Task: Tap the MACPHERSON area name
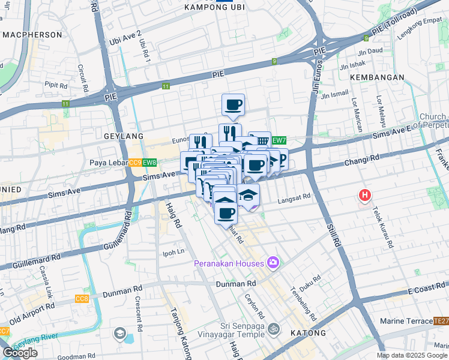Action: [32, 35]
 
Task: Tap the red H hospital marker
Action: [364, 195]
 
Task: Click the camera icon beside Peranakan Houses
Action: [274, 263]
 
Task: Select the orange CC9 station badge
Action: [134, 163]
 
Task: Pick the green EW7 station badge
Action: [279, 140]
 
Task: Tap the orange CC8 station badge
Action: [82, 299]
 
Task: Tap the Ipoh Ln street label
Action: [173, 253]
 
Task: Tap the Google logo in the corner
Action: [20, 353]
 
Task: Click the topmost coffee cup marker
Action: [233, 105]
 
